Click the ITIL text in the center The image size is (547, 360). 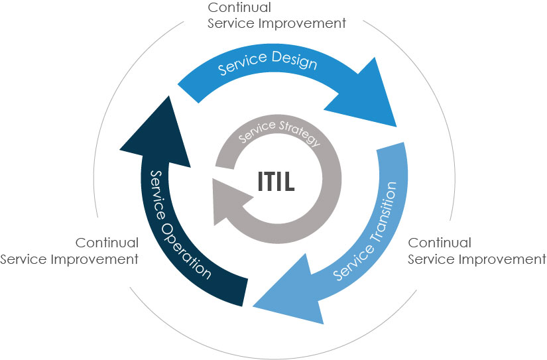coord(276,181)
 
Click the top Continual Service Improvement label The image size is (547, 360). coord(276,15)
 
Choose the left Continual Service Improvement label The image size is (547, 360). coord(70,251)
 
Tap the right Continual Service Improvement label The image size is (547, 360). coord(476,251)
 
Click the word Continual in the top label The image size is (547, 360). coord(240,7)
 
